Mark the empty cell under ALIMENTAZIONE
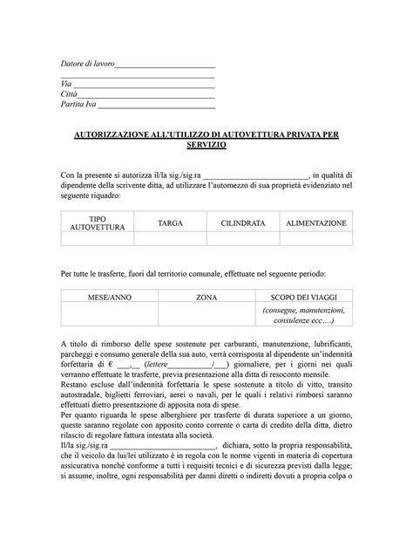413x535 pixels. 316,239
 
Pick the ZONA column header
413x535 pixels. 206,298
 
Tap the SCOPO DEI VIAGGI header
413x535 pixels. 304,298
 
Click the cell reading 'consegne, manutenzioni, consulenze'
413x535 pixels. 304,315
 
